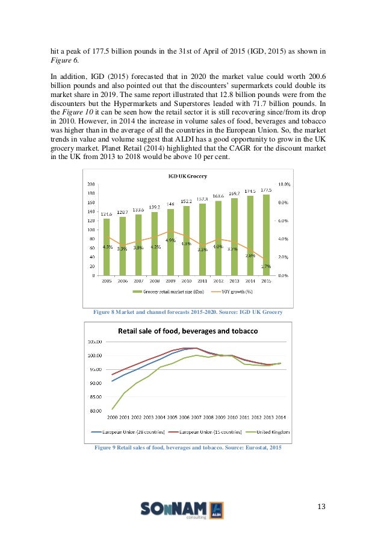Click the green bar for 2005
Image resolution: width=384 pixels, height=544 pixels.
107,247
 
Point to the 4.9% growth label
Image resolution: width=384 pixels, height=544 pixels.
170,240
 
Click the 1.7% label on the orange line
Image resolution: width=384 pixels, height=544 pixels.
265,266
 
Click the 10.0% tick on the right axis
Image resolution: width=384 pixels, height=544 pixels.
283,184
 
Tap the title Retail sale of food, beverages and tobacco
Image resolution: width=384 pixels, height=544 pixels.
188,331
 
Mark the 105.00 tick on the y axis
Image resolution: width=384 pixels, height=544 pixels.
96,342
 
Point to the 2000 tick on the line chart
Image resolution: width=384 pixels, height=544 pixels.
112,417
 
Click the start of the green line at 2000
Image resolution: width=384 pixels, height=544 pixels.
113,409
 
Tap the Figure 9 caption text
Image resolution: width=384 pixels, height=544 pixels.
188,446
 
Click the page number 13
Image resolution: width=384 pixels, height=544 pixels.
321,505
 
